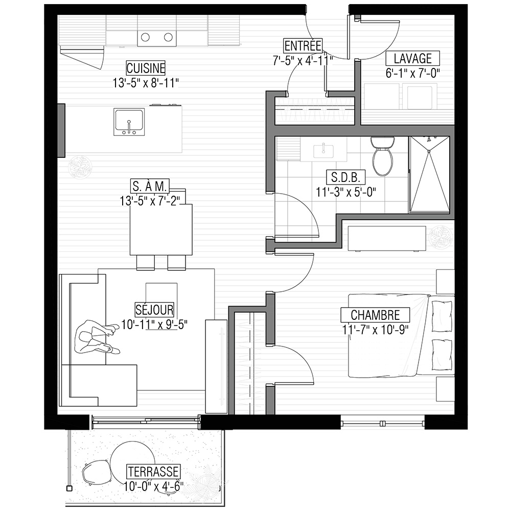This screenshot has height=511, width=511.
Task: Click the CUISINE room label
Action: click(146, 68)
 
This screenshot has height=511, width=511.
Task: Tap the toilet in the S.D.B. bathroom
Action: click(382, 156)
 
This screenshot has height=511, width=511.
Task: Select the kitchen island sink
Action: click(129, 122)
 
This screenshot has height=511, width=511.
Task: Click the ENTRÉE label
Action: click(303, 45)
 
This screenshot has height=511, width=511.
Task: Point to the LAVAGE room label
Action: click(412, 59)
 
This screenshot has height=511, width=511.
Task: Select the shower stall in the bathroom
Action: click(429, 175)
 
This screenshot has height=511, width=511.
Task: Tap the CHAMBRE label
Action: click(375, 315)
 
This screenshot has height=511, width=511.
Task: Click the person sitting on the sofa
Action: click(97, 337)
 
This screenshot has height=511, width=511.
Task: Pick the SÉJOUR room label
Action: click(154, 310)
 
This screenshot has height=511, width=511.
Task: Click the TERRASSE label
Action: click(153, 472)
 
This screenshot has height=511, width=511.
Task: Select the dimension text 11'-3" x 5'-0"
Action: click(346, 192)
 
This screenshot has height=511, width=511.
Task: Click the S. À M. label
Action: click(150, 187)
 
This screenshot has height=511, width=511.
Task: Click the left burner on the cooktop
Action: click(145, 37)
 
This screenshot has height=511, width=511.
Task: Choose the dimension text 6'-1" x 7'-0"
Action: click(412, 73)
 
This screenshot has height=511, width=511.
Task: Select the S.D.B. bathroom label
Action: click(346, 177)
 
